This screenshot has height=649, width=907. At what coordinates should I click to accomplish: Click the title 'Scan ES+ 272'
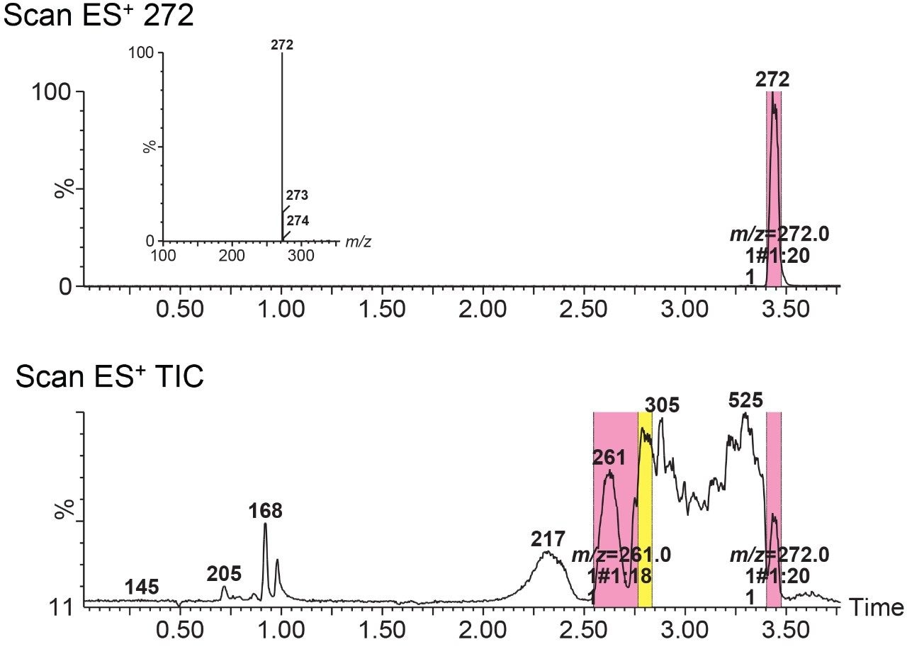pos(98,16)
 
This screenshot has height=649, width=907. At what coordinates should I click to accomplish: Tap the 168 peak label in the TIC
pos(266,511)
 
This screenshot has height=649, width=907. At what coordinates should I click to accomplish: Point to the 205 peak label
pos(224,573)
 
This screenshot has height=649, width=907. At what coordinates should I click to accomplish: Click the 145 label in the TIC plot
pos(142,587)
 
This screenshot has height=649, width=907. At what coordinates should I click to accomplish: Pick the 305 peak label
pos(662,405)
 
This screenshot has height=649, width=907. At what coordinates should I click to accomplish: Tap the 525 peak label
pos(745,401)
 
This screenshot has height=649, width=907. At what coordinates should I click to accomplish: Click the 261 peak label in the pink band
pos(609,458)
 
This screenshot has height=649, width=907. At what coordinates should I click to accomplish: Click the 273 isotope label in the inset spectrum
pos(298,195)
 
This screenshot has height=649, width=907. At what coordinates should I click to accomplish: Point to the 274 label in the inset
pos(298,221)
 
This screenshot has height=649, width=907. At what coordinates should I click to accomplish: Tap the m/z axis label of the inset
pos(359,242)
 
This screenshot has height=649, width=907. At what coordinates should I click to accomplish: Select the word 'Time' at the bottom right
pos(876,607)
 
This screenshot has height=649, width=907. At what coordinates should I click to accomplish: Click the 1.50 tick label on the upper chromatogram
pos(382,310)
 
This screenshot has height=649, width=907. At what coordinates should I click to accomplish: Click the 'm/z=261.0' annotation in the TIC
pos(612,554)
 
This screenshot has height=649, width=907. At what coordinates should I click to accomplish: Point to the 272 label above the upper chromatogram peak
pos(772,80)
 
